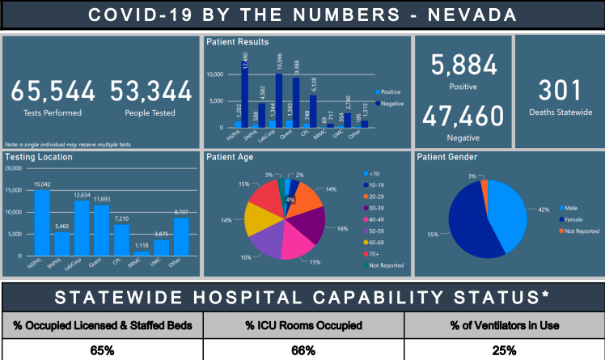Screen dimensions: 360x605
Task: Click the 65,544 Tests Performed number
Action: pos(53,91)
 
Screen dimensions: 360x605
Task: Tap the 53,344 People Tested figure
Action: pos(150,91)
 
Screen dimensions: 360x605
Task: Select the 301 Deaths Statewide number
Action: pos(554,90)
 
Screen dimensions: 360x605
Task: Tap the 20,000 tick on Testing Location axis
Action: pos(13,169)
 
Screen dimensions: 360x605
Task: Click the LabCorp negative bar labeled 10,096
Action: pos(278,100)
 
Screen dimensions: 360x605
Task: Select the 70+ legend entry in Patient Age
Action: pos(376,252)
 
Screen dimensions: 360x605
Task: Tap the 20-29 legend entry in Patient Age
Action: pos(377,196)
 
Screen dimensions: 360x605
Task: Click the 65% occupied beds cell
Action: pos(101,351)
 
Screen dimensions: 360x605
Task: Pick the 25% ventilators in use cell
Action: pos(504,351)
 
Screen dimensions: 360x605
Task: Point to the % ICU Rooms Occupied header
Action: pos(302,325)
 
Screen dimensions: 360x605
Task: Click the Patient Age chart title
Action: pos(232,157)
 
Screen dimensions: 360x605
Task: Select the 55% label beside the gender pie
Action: pos(434,235)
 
